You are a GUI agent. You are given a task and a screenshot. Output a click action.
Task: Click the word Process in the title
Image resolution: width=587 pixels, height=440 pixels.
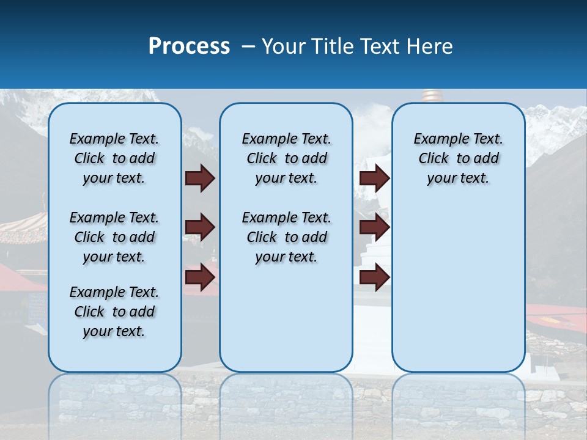pos(189,46)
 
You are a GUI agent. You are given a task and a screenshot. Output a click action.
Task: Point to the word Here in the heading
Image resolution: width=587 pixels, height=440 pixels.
pos(430,46)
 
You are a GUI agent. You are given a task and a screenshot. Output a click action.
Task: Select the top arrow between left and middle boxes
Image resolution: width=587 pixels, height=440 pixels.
pos(200,178)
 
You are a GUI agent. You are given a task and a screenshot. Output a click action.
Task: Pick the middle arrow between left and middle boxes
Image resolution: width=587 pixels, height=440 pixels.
pos(200,228)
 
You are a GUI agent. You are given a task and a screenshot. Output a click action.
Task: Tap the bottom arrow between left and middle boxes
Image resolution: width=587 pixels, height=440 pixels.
pos(200,277)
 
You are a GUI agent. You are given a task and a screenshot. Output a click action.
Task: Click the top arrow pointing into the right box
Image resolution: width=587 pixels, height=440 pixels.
pos(374,178)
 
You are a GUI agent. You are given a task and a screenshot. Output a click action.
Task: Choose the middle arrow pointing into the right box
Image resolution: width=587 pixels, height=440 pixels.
pos(374,228)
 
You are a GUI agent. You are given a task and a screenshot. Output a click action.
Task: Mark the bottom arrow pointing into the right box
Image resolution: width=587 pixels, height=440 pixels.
pos(374,277)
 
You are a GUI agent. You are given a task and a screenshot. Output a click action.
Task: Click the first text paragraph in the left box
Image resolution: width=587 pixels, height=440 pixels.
pos(114,158)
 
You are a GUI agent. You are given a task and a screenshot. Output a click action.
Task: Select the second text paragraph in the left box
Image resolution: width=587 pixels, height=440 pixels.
pos(114,237)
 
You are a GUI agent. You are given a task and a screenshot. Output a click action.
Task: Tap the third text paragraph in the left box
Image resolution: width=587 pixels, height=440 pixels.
pos(114,312)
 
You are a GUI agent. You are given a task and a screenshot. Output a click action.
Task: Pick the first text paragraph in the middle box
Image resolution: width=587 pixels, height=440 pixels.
pos(286,158)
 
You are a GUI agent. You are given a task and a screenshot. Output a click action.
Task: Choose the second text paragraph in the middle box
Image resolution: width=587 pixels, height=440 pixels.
pos(286,237)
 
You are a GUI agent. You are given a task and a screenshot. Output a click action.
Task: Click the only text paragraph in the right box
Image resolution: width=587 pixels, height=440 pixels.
pos(458,158)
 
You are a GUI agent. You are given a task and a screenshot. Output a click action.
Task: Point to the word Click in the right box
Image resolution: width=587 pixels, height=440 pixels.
pos(434,159)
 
